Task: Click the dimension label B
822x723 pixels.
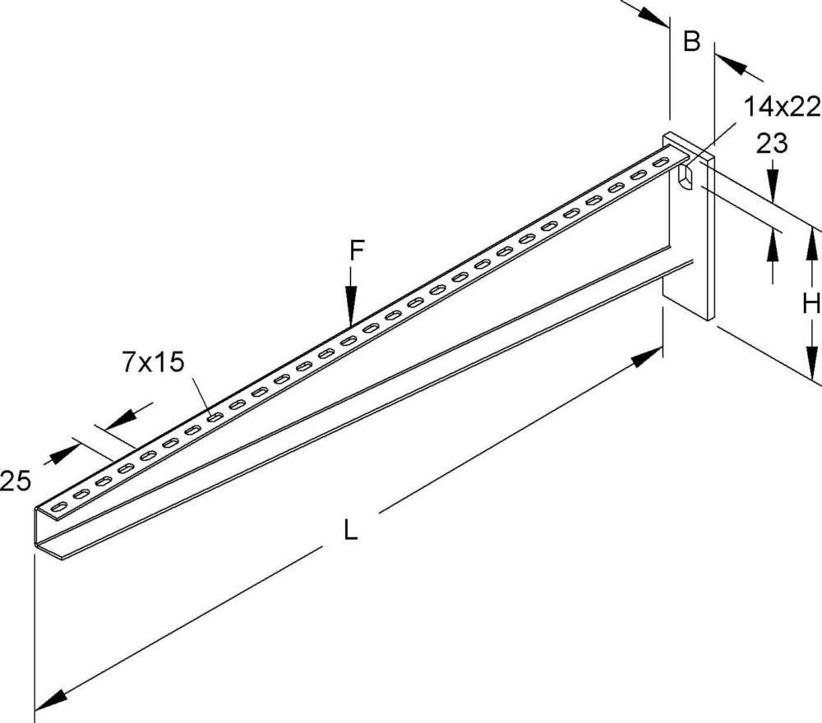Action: point(691,41)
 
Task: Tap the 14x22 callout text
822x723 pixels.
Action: point(782,107)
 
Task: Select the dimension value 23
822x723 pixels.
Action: point(771,143)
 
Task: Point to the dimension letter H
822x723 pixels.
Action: point(811,303)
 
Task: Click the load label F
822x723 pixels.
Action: point(357,251)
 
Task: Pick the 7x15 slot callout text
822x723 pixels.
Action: point(154,362)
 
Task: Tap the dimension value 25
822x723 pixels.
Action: point(15,481)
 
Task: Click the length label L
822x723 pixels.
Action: point(350,529)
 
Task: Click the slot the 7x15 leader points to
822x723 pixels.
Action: point(214,417)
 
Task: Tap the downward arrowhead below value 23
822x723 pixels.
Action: point(772,184)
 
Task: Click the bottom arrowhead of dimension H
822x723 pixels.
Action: point(811,361)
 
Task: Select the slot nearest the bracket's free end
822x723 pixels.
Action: point(58,506)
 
